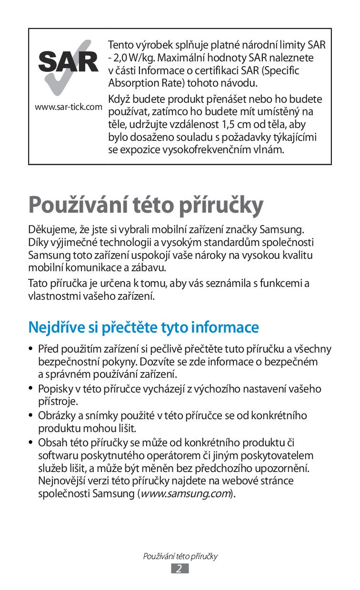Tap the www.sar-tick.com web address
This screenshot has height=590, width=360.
click(69, 107)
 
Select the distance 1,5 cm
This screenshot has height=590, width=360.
click(236, 125)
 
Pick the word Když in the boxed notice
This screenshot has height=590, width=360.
click(120, 99)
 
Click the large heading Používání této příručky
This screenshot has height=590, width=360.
click(146, 205)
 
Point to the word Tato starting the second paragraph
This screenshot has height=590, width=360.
click(38, 284)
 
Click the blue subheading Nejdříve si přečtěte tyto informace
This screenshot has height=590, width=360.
click(143, 327)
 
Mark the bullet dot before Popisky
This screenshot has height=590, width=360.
click(31, 389)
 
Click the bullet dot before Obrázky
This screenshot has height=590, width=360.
click(31, 415)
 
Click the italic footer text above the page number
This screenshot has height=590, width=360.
click(180, 556)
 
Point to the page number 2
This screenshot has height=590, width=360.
click(180, 569)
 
